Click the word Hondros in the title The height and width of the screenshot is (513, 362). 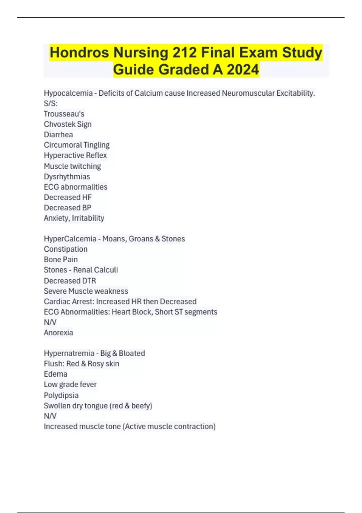coord(79,53)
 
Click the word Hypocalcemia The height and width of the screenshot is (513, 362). coord(68,93)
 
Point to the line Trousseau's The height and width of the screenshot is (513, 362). coord(64,114)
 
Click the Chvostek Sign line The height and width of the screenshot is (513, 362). coord(68,124)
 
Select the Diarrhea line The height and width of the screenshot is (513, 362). coord(58,135)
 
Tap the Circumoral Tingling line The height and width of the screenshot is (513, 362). coord(77,145)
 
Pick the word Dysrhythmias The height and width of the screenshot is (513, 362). coord(67,177)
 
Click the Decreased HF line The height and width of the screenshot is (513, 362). coord(68,197)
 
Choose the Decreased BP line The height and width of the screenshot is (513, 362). coord(68,208)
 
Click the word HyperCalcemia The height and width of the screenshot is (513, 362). coord(70,239)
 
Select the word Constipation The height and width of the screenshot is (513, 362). coord(65,249)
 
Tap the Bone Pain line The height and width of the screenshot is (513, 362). coord(61,260)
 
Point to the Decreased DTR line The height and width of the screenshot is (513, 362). coord(70,281)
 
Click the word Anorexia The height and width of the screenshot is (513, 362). coord(58,333)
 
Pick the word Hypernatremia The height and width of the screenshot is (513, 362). coord(69,353)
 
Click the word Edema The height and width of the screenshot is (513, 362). coord(56,374)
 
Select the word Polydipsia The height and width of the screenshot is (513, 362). coord(61,395)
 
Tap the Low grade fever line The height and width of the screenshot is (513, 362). coord(70,384)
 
